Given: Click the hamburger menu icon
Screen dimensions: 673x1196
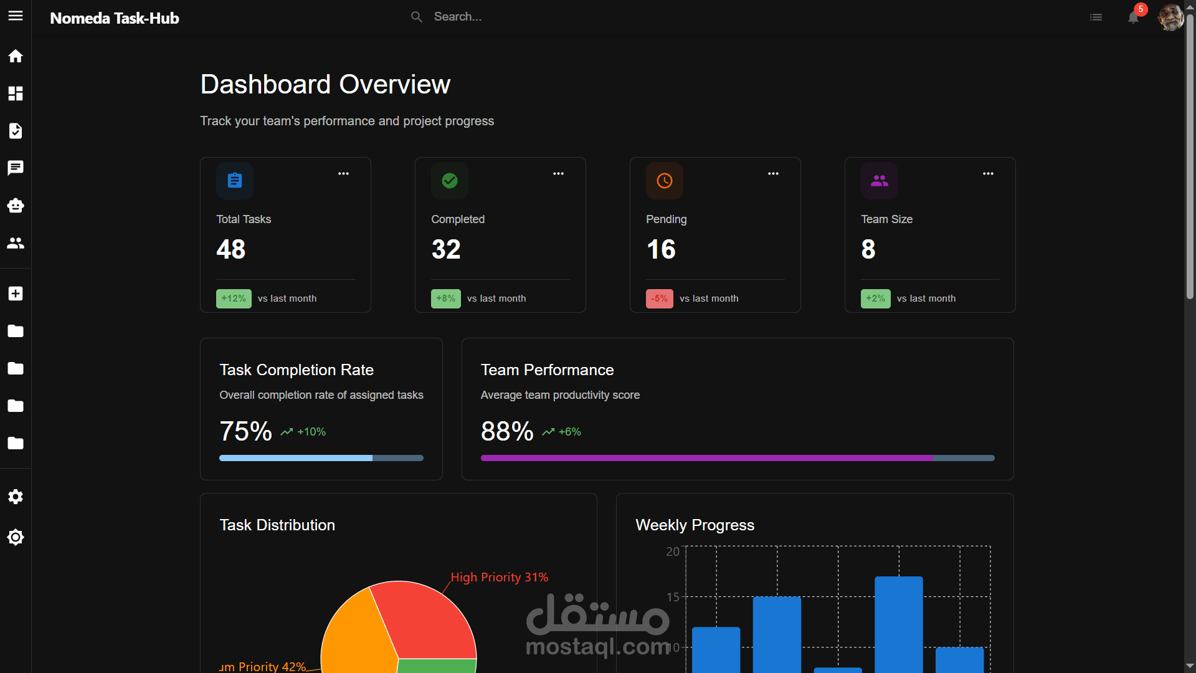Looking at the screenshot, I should pos(16,16).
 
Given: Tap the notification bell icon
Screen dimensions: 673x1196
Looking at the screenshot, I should pos(1133,17).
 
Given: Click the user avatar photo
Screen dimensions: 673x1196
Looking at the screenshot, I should pos(1170,17).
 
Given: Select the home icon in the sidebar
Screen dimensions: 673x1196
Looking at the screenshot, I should pos(16,56).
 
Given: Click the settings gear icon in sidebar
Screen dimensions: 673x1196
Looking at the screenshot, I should pos(16,497).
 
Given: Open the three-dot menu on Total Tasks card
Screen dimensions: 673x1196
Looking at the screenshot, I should pos(343,174).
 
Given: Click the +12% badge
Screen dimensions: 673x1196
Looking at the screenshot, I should pos(234,298).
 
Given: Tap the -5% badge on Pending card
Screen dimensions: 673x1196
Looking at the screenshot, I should pos(659,298).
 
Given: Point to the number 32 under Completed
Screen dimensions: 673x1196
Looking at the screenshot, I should pos(446,249).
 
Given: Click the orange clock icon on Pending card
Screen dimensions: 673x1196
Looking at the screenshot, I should pos(665,181).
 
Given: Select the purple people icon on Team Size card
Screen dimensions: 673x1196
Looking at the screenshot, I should pos(879,181).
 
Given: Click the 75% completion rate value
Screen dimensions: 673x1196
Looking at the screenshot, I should pos(245,431).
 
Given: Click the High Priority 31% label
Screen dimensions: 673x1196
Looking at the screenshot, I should pos(499,578).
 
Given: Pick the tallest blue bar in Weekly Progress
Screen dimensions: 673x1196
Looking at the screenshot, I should pos(898,623).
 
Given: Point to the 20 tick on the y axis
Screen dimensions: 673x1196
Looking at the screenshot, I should pos(673,551).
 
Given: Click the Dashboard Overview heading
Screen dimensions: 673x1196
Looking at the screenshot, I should pos(325,84).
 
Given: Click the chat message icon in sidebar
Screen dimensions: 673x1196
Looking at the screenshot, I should pos(16,168).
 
